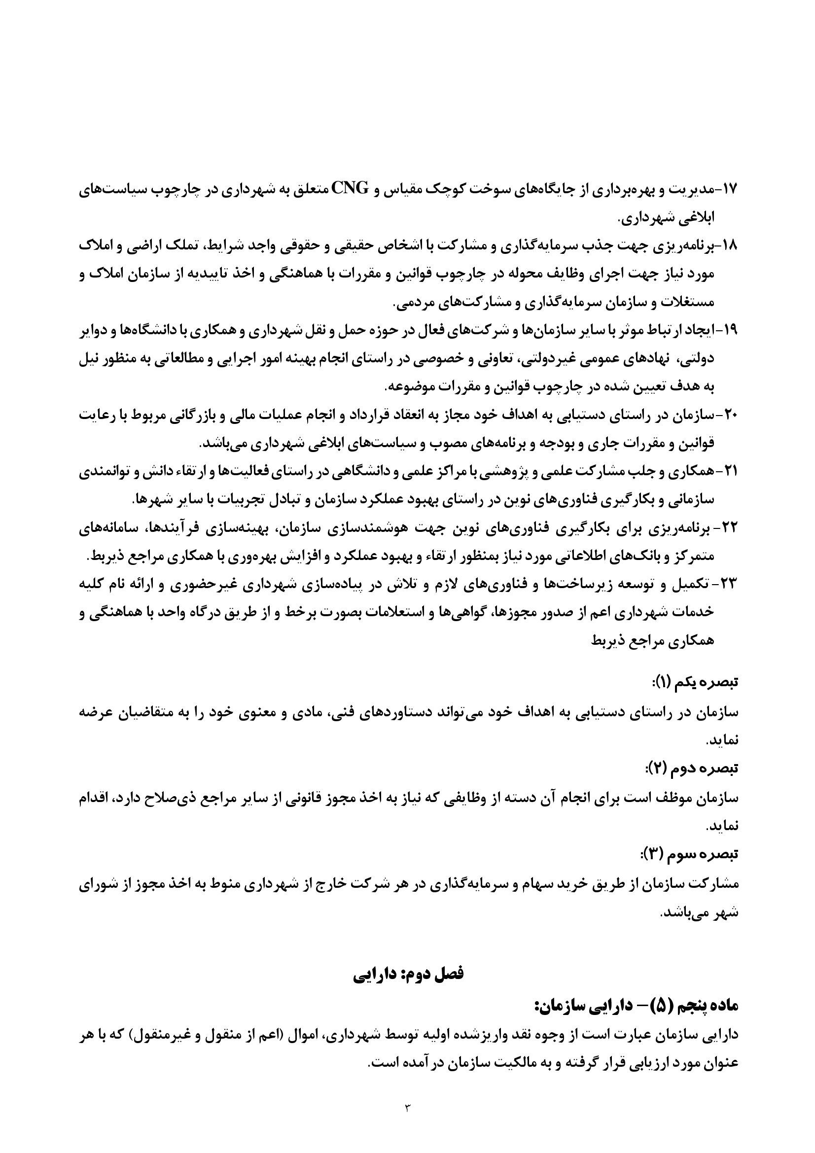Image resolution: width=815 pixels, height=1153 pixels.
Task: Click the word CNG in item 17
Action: tap(349, 189)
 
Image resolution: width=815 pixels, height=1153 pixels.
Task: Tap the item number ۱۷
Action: tap(728, 190)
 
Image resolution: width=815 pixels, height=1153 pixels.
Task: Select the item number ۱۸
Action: tap(728, 246)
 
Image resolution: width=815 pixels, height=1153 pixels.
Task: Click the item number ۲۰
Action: tap(728, 415)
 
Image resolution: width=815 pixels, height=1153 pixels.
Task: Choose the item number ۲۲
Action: tap(728, 528)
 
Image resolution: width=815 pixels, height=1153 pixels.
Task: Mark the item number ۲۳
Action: tap(728, 585)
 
